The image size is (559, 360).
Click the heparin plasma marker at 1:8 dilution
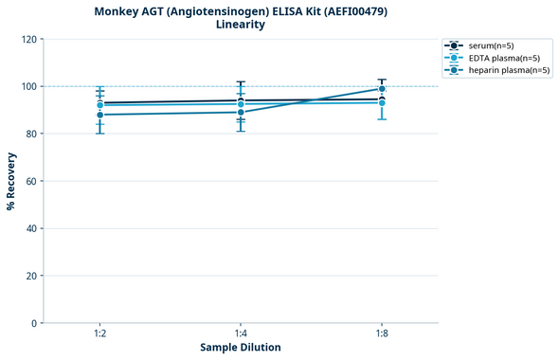coord(382,89)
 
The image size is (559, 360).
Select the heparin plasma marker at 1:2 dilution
coord(100,115)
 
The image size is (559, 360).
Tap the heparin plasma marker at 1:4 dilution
coord(241,112)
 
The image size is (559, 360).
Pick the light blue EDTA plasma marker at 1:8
coord(382,102)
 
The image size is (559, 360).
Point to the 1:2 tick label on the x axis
coord(100,333)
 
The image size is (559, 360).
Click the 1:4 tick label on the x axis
coord(241,333)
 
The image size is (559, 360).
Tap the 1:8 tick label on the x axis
coord(382,333)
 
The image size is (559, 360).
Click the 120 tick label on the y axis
coord(28,39)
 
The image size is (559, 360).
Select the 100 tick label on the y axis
coord(28,86)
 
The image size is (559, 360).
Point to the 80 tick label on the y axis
coord(31,134)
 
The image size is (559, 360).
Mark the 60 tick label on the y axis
coord(31,181)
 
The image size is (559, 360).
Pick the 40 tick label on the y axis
coord(31,228)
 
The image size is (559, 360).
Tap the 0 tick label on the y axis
coord(34,323)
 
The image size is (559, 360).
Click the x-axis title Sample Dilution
coord(241,348)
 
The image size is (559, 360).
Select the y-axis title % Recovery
coord(11,181)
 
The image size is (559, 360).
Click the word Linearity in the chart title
coord(241,25)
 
